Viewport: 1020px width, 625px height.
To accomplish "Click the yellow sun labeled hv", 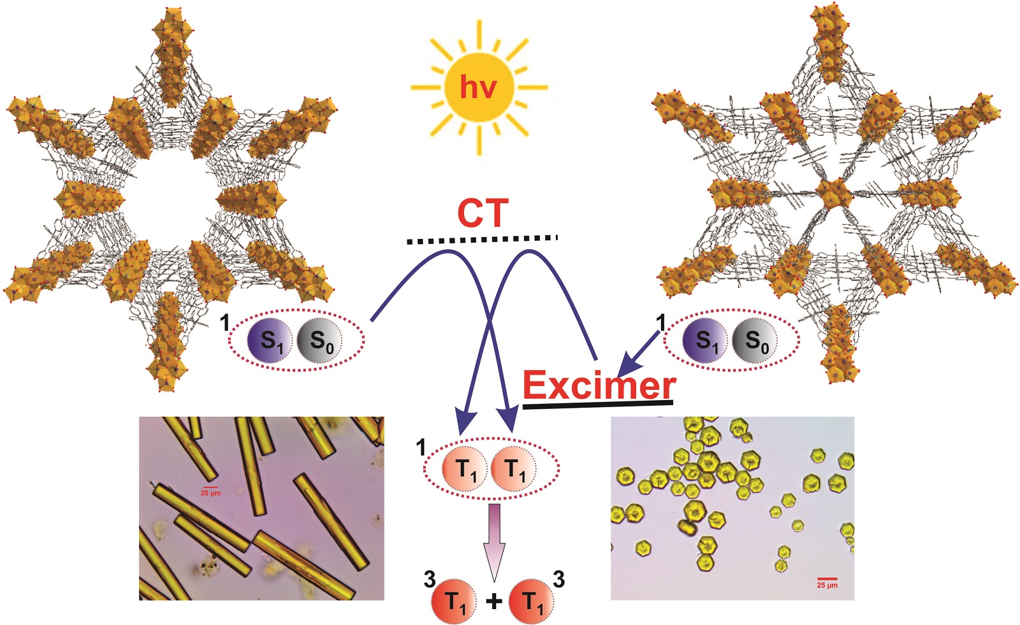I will click(478, 87).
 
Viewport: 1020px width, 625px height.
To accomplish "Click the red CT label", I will click(483, 214).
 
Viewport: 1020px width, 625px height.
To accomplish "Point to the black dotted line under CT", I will click(482, 240).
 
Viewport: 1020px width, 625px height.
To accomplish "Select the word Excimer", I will click(599, 385).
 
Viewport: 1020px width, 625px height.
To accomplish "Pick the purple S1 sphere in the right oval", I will click(704, 341).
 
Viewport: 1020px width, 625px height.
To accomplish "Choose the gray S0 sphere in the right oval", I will click(755, 341).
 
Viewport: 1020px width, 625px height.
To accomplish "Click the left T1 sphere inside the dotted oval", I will click(465, 470).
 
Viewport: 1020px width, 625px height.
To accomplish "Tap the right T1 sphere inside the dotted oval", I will click(514, 470).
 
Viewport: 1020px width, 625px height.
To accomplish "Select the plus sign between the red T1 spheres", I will click(493, 601).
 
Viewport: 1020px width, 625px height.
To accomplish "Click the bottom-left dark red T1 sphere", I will click(454, 601).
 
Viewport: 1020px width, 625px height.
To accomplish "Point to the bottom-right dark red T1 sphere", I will click(532, 601).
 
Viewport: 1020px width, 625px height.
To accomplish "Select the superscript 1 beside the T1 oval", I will click(421, 448).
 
